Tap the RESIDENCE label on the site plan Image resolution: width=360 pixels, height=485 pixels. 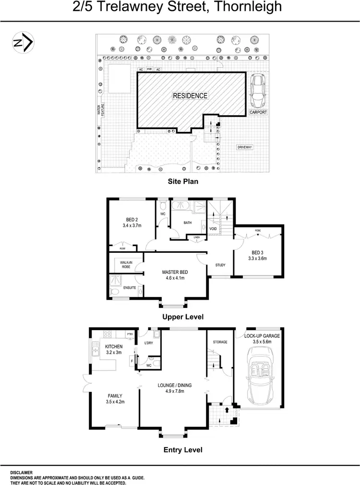pos(191,95)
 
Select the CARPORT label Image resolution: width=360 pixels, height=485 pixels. pos(258,112)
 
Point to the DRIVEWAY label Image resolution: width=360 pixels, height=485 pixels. pos(244,147)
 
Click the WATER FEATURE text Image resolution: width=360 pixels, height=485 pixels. pos(101,110)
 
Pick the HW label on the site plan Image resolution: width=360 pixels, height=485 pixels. pos(149,70)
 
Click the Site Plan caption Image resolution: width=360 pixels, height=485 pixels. pos(182,181)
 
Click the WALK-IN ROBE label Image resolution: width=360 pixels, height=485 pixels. pos(126,264)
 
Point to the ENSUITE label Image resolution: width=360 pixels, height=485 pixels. pos(130,288)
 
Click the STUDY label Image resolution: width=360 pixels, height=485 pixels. pos(220,265)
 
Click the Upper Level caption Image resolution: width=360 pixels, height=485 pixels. pos(182,317)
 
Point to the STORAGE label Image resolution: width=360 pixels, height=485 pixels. pos(220,342)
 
